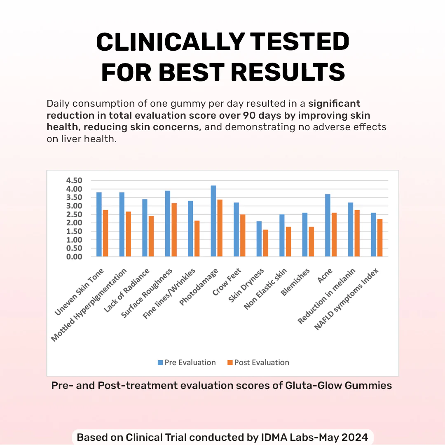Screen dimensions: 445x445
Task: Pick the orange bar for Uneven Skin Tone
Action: click(x=105, y=233)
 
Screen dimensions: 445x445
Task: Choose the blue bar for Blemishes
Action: click(x=305, y=235)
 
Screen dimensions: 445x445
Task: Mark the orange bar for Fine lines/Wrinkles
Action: click(x=197, y=239)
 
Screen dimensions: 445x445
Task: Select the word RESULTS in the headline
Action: click(x=288, y=72)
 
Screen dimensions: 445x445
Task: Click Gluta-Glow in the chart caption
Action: click(x=301, y=386)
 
